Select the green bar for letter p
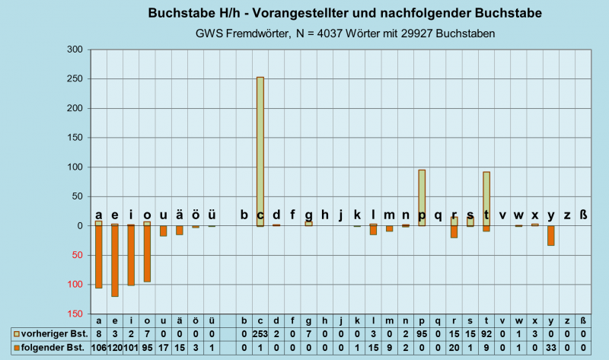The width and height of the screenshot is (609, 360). [422, 197]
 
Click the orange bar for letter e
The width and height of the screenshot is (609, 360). [115, 260]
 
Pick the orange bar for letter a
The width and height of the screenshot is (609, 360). [98, 256]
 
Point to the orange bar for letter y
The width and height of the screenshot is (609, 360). [551, 235]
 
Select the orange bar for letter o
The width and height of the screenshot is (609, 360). [147, 253]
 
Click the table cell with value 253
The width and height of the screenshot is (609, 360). [260, 334]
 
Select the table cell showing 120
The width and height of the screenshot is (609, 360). [115, 348]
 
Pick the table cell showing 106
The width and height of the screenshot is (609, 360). [98, 348]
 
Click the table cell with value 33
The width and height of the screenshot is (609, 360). [551, 348]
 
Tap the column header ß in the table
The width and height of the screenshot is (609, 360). [584, 320]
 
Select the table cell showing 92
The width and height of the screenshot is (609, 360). [486, 334]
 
